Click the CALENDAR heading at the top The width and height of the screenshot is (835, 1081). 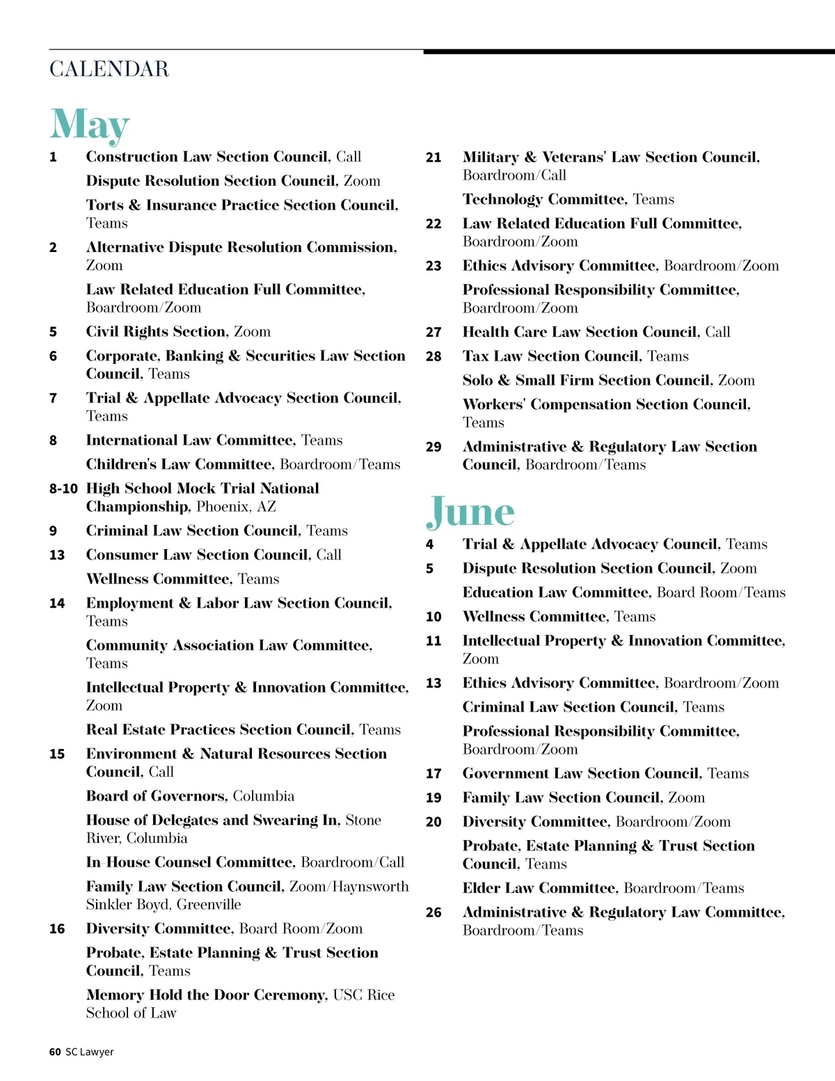coord(109,69)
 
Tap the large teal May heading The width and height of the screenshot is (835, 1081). coord(90,125)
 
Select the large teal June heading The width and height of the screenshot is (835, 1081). coord(470,512)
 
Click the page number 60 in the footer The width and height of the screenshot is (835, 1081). coord(55,1052)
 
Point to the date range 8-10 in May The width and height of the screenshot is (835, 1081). coord(63,489)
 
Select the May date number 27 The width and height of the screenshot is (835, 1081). coord(434,333)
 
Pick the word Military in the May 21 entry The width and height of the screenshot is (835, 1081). coord(491,157)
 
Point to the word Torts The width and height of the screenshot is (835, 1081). coord(104,205)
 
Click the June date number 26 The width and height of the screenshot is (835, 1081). coord(434,913)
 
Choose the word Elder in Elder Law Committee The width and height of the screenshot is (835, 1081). coord(481,888)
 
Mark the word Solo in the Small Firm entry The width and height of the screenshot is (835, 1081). coord(477,381)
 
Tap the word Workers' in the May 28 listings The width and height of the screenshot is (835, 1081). coord(493,405)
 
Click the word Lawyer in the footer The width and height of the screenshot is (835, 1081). coord(97,1052)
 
